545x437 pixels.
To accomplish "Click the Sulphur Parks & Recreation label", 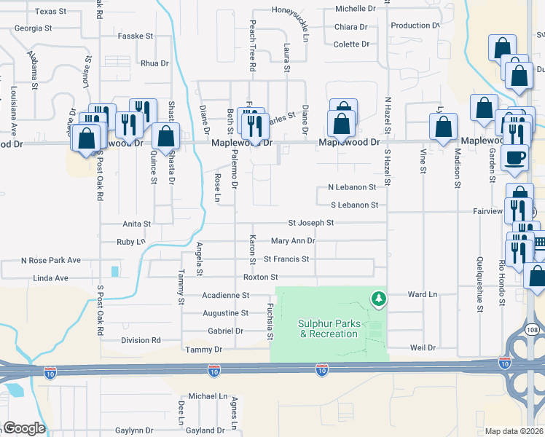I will [x=329, y=328].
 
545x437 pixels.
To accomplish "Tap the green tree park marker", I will [x=378, y=297].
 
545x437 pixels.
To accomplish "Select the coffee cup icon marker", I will [x=515, y=158].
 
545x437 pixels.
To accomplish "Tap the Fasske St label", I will [x=136, y=36].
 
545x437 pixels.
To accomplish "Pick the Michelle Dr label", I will [x=355, y=9].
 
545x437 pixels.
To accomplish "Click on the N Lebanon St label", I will [x=352, y=187].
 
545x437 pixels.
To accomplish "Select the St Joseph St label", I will [x=311, y=223].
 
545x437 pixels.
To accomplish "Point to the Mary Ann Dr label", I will [x=293, y=241].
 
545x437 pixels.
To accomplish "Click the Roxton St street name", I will [x=261, y=277].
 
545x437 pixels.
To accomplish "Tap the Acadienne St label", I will [x=226, y=296].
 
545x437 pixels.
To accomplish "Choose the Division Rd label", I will [x=141, y=340].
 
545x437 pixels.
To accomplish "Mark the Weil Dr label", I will [x=422, y=348].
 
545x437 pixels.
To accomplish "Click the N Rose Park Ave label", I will [x=51, y=260].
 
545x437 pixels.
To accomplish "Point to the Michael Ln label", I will [x=208, y=396].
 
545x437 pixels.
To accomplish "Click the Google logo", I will [x=24, y=428].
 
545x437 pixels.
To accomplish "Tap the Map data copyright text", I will [x=513, y=431].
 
